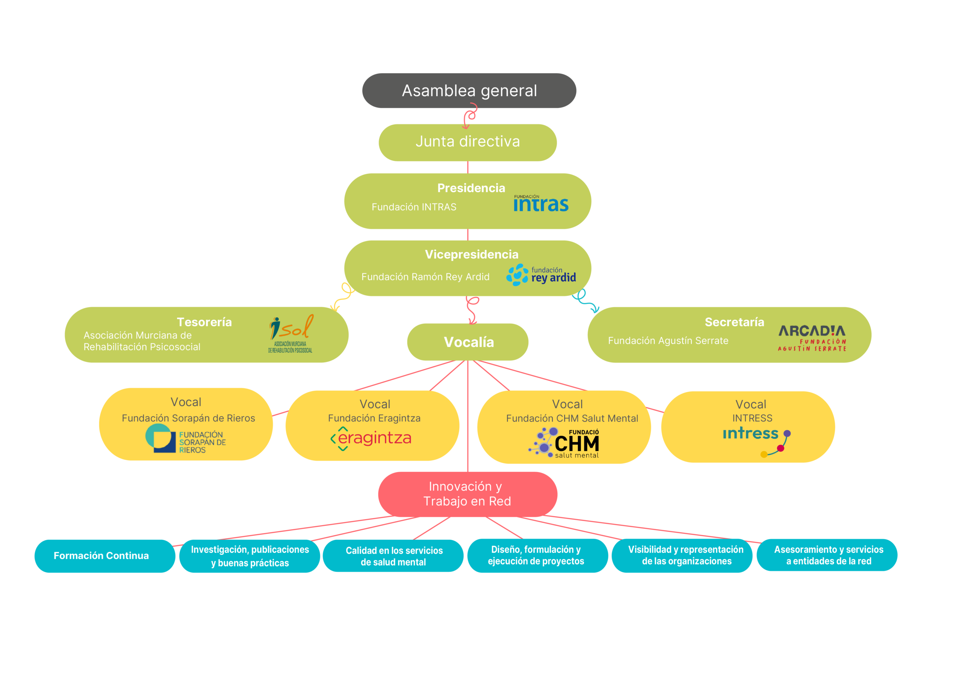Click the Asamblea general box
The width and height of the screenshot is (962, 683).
tap(469, 91)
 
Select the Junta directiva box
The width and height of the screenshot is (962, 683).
tap(467, 142)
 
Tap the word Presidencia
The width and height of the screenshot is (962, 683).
tap(471, 188)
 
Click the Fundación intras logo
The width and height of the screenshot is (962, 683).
tap(541, 204)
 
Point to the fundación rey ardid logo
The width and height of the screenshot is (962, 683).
tap(541, 275)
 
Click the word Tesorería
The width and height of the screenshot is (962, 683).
tap(204, 322)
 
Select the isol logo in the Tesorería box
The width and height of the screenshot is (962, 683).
tap(291, 333)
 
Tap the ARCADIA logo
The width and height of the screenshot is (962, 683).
tap(812, 338)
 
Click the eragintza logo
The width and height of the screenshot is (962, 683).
tap(371, 438)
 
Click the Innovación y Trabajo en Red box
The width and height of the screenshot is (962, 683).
tap(467, 494)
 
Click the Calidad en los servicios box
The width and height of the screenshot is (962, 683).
tap(393, 556)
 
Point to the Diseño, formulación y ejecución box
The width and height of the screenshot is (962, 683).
tap(537, 556)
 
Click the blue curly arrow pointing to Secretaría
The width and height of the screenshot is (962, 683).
tap(585, 300)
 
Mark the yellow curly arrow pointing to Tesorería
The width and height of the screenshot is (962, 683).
tap(344, 297)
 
